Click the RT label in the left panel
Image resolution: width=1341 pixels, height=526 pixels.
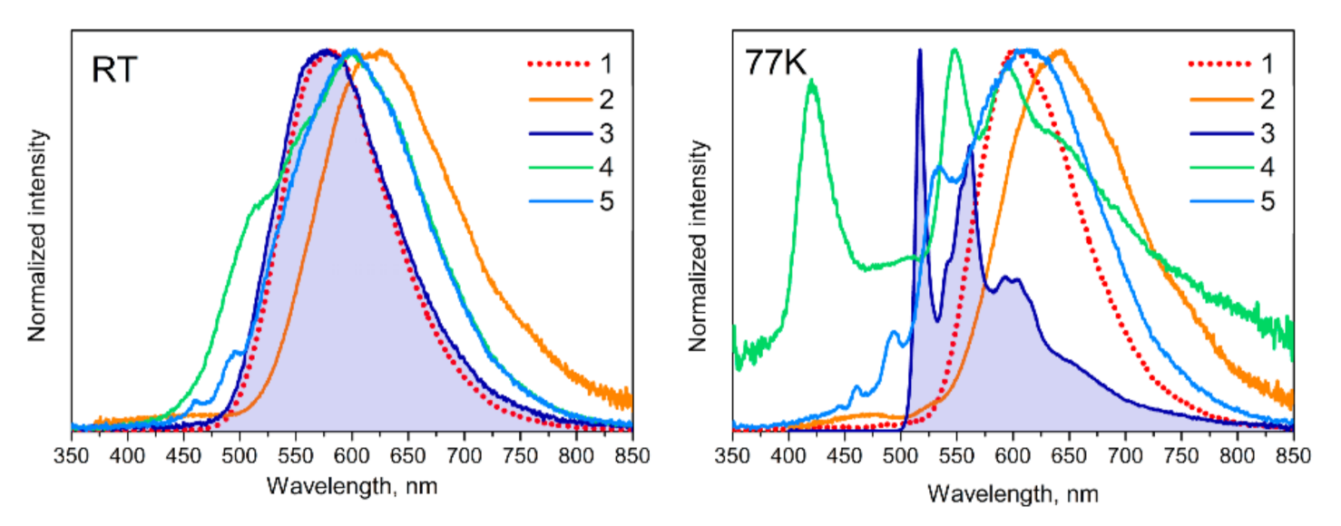coord(114,71)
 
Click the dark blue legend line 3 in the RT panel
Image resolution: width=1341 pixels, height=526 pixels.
coord(553,132)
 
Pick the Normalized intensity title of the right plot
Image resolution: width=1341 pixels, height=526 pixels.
coord(698,245)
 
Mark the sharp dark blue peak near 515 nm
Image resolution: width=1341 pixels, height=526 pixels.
coord(919,52)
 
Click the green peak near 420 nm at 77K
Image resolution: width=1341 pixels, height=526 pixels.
coord(812,82)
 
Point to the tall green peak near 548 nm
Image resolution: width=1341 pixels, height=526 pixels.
coord(954,51)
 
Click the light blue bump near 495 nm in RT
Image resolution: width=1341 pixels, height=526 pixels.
coord(238,351)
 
